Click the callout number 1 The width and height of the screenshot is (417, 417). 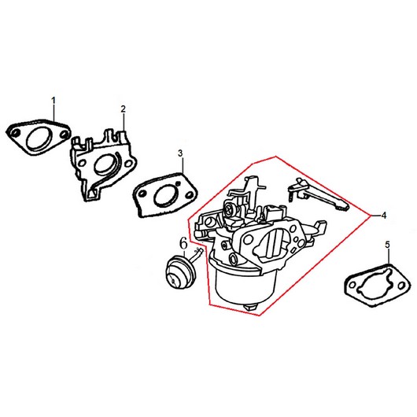(x=54, y=101)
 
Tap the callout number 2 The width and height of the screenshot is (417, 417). (x=123, y=109)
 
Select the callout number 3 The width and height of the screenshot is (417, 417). (x=181, y=153)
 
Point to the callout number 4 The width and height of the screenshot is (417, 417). (x=383, y=216)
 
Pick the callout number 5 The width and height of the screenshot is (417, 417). (x=387, y=245)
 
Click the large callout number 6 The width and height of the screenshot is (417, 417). (x=184, y=243)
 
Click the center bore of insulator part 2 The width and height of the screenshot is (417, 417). (x=105, y=164)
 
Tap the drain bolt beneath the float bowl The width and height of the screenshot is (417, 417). (x=250, y=307)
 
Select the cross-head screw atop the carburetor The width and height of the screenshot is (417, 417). (x=229, y=209)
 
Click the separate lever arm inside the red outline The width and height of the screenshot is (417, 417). (x=318, y=194)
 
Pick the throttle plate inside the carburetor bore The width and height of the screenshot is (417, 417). (x=274, y=242)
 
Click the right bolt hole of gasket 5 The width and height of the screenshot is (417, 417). (x=401, y=286)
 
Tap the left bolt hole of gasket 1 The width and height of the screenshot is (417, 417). (x=17, y=132)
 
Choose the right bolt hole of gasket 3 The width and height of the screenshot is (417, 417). (x=190, y=195)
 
